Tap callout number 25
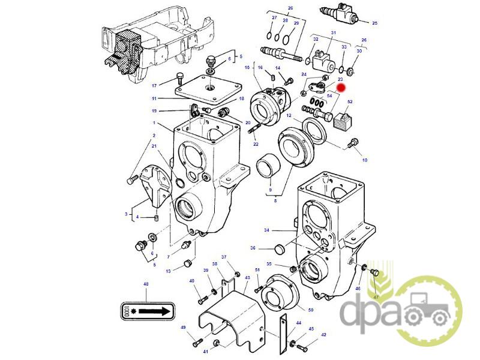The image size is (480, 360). (374, 23)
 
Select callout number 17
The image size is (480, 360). (154, 85)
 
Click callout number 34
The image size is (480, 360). (267, 230)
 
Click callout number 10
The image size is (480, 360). (364, 160)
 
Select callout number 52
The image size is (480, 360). (350, 103)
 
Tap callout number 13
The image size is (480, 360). (169, 271)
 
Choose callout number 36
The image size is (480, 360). (253, 248)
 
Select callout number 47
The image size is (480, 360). (376, 297)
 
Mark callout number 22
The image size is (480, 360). (256, 144)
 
